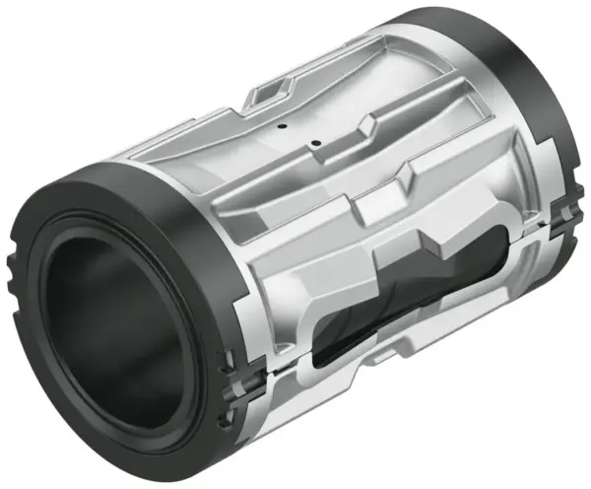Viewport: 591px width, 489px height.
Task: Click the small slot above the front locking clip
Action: click(x=230, y=356)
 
